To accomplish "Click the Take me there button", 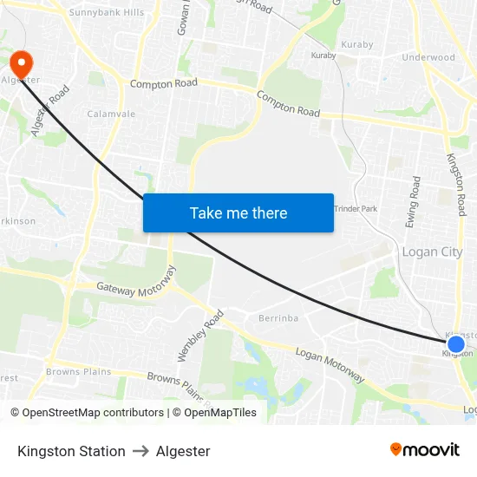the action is coord(238,212).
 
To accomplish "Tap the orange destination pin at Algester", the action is coord(20,63).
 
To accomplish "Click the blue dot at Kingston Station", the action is coord(456,345).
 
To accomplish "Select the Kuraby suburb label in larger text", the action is coord(357,43).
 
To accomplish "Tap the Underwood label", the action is coord(428,57).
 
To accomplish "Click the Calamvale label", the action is coord(111,114).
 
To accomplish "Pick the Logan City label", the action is coord(432,252).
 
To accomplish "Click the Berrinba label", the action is coord(278,318).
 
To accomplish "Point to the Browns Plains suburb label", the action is coord(79,372).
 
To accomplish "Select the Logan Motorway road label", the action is coord(330,364).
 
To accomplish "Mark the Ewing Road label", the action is coord(413,202).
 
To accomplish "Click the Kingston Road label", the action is coord(456,184).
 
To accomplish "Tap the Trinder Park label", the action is coord(356,209).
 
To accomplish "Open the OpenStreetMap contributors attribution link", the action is coord(91,413).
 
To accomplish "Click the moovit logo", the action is coord(425,450).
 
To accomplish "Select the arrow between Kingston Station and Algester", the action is coord(140,451).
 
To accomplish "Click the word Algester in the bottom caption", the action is coord(183,451).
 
